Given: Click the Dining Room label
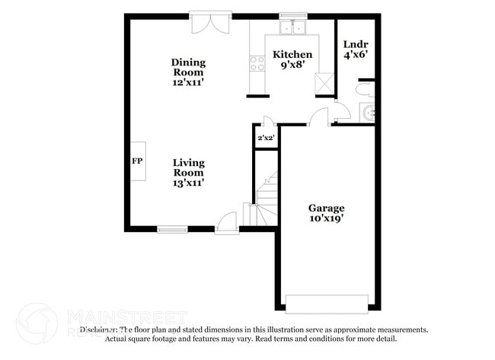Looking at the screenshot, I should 188,67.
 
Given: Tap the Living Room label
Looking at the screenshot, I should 188,167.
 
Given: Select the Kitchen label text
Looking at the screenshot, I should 292,55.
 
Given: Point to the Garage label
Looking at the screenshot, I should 326,208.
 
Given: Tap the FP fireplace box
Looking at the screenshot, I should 138,161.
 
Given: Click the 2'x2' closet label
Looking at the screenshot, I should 266,138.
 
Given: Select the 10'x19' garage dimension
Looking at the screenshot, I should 326,218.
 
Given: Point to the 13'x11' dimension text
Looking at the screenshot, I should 188,183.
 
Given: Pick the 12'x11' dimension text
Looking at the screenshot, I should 188,83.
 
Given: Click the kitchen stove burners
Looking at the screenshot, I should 256,65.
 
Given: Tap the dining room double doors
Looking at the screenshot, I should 210,23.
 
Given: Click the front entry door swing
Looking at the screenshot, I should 226,223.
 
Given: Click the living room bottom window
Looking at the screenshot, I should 173,228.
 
